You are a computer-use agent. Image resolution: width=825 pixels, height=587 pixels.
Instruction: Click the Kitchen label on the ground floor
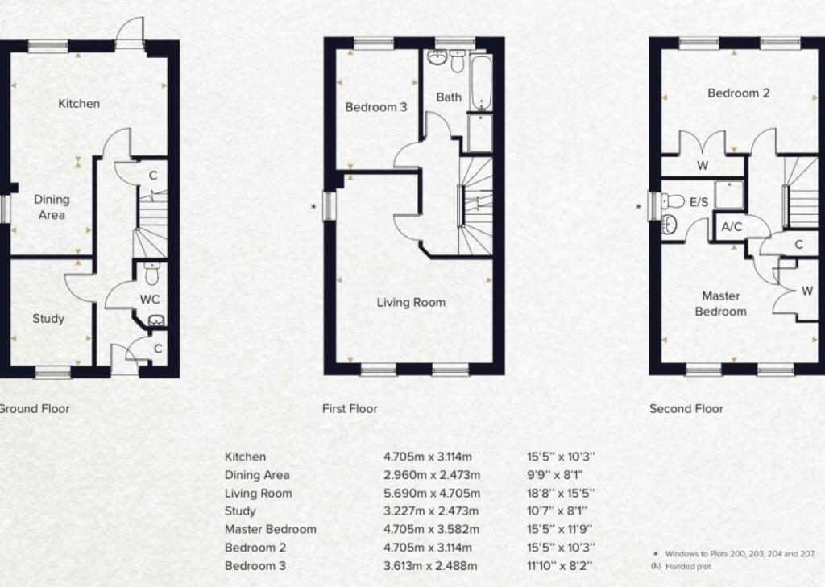(x=79, y=103)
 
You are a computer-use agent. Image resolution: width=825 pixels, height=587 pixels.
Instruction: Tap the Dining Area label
(x=51, y=207)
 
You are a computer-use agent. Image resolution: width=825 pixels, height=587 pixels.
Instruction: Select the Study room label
(x=48, y=318)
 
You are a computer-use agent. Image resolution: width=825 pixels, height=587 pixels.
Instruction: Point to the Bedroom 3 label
(x=376, y=107)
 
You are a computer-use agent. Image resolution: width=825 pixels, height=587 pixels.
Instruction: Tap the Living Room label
(x=411, y=303)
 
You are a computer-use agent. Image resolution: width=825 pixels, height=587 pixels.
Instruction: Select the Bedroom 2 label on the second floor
(x=738, y=93)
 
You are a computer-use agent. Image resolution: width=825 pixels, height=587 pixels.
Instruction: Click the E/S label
(x=698, y=202)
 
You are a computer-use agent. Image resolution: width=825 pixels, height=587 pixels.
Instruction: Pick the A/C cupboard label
(x=732, y=227)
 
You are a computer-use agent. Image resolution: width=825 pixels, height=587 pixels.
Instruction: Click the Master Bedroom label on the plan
(x=720, y=304)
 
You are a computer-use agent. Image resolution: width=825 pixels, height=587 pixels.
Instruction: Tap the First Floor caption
(x=350, y=408)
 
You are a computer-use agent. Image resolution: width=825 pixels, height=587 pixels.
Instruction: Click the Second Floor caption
(x=686, y=408)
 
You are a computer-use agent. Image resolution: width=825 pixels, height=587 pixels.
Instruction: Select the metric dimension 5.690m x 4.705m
(x=432, y=493)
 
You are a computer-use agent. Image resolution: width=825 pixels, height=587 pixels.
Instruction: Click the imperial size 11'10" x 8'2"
(x=561, y=565)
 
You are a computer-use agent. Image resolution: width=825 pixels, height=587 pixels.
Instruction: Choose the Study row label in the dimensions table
(x=240, y=511)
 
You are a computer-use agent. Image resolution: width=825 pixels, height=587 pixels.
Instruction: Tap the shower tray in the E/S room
(x=732, y=193)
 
